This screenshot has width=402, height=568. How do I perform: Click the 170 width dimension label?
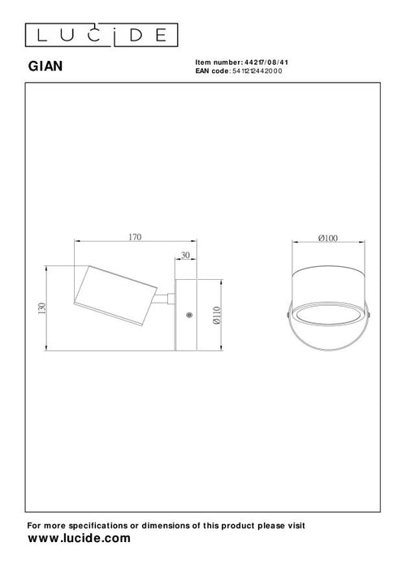[x=135, y=237]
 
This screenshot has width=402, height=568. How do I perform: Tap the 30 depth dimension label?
[x=187, y=256]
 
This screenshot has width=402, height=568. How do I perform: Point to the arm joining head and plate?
[x=166, y=299]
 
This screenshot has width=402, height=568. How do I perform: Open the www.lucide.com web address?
[x=79, y=539]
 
